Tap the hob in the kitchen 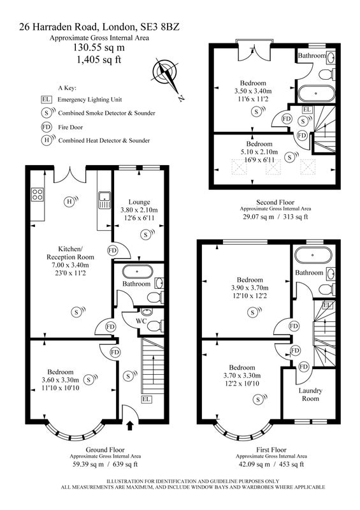[x=38, y=194]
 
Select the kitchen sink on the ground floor [x=104, y=200]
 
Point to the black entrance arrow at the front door [x=130, y=426]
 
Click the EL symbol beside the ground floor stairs [x=147, y=399]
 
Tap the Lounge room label [x=139, y=202]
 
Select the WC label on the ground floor [x=141, y=321]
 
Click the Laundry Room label [x=310, y=395]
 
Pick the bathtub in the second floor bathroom [x=316, y=93]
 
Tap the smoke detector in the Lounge [x=147, y=234]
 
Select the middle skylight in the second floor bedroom [x=273, y=168]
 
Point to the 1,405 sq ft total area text [x=99, y=59]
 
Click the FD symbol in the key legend [x=47, y=127]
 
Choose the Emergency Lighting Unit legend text [x=90, y=99]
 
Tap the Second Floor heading [x=275, y=202]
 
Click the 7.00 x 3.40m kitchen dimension [x=71, y=265]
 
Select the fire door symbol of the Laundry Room [x=303, y=367]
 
